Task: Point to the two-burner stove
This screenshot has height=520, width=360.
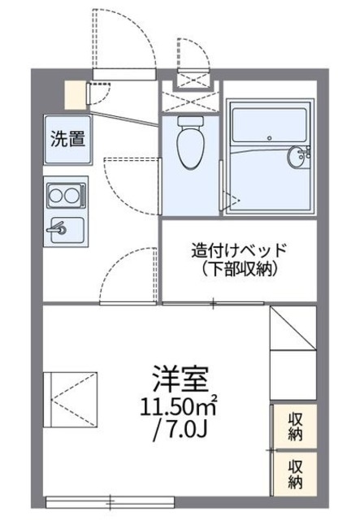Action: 63,195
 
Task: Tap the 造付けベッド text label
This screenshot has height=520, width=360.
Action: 240,250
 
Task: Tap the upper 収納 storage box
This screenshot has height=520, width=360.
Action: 293,425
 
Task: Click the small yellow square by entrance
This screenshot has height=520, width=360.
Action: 75,94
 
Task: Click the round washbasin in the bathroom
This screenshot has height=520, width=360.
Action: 297,158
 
